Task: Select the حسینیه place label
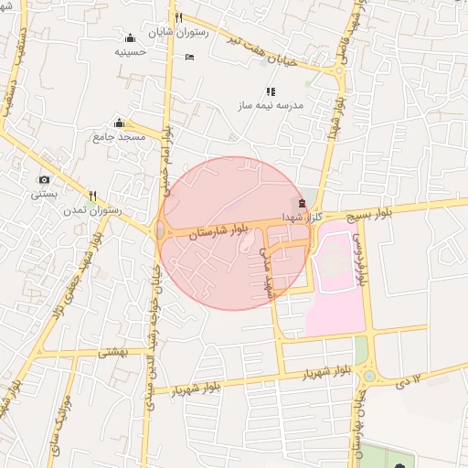(130, 52)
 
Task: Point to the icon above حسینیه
(130, 37)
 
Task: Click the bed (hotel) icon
(189, 58)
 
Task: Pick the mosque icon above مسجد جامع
(119, 123)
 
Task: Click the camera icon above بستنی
(44, 180)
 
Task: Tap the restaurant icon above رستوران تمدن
(92, 196)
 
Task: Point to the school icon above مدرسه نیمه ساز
(270, 91)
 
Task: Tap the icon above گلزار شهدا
(303, 201)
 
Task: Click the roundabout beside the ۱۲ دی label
(369, 375)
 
